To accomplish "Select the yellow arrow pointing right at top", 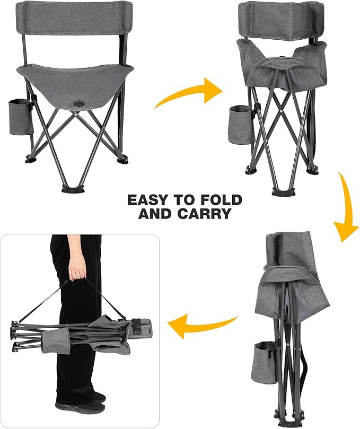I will (x=188, y=92).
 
